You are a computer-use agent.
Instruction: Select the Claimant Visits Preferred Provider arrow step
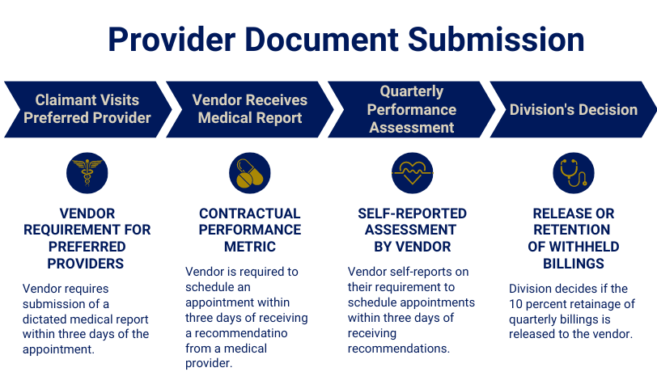pyautogui.click(x=87, y=109)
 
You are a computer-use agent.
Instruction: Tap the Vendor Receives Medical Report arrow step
pyautogui.click(x=249, y=109)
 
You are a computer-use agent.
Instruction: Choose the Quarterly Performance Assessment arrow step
pyautogui.click(x=412, y=109)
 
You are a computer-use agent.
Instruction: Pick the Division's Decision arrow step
pyautogui.click(x=573, y=109)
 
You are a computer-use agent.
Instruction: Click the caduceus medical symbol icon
pyautogui.click(x=87, y=172)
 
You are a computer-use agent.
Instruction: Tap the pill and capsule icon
pyautogui.click(x=249, y=172)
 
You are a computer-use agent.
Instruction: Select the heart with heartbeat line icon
pyautogui.click(x=412, y=172)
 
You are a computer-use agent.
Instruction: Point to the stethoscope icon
pyautogui.click(x=573, y=172)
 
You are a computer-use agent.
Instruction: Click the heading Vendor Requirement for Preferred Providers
pyautogui.click(x=87, y=238)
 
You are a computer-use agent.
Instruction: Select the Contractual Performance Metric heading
pyautogui.click(x=249, y=230)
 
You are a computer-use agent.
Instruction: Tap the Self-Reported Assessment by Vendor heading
pyautogui.click(x=412, y=230)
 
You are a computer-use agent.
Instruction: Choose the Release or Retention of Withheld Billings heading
pyautogui.click(x=573, y=238)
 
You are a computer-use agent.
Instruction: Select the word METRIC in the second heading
pyautogui.click(x=249, y=246)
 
